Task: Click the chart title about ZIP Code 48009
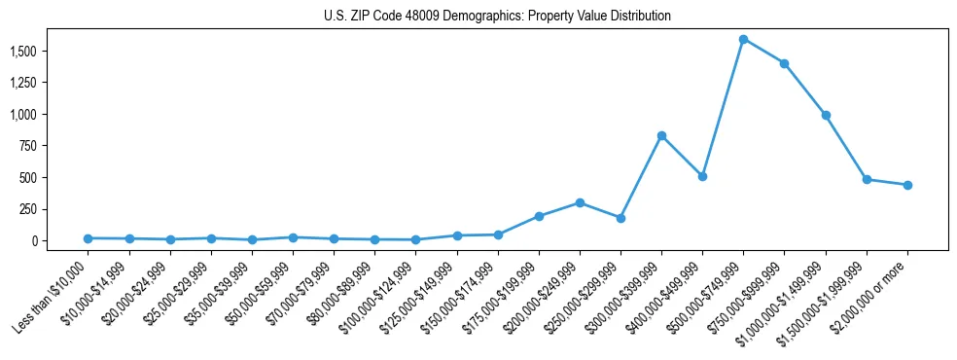click(x=497, y=17)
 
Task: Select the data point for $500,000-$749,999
click(x=743, y=40)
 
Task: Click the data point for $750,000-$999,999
click(x=784, y=64)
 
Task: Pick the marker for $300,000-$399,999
click(x=661, y=135)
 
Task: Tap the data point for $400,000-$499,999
click(x=702, y=176)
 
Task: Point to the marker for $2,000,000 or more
click(x=907, y=185)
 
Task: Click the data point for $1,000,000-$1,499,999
click(x=826, y=115)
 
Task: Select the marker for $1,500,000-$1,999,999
click(x=867, y=179)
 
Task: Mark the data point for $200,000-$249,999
click(x=580, y=202)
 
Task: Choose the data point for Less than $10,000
click(x=88, y=238)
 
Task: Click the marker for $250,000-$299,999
click(x=620, y=218)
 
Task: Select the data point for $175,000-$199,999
click(x=539, y=216)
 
